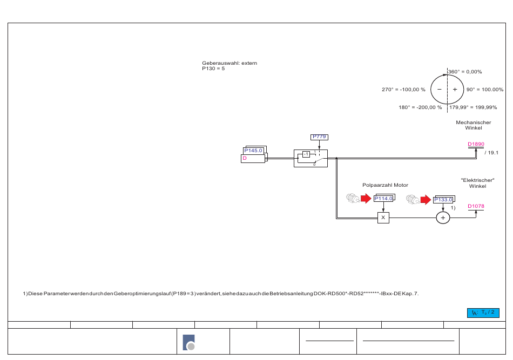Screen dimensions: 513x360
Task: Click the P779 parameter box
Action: pyautogui.click(x=319, y=137)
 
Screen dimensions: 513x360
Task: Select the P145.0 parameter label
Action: pyautogui.click(x=253, y=151)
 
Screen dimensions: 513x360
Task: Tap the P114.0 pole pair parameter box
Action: pyautogui.click(x=383, y=199)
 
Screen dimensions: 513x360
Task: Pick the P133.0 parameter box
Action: pyautogui.click(x=443, y=200)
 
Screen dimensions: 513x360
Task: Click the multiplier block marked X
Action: pyautogui.click(x=383, y=218)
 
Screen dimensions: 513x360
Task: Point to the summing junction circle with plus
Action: pyautogui.click(x=443, y=218)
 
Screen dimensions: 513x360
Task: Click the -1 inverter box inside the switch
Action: pyautogui.click(x=306, y=154)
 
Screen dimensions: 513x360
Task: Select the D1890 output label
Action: pyautogui.click(x=476, y=144)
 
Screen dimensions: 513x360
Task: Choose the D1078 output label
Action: pyautogui.click(x=476, y=206)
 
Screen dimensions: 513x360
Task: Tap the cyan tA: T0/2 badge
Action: pyautogui.click(x=483, y=313)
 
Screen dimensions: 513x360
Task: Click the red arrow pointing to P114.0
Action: pyautogui.click(x=366, y=199)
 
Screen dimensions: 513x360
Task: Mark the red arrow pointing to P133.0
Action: pyautogui.click(x=426, y=200)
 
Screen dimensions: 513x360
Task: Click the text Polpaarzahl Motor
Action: pyautogui.click(x=386, y=185)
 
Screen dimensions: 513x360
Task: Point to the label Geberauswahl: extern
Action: pyautogui.click(x=230, y=63)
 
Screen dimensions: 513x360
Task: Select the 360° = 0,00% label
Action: pyautogui.click(x=465, y=72)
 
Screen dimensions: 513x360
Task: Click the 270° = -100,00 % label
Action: pyautogui.click(x=403, y=90)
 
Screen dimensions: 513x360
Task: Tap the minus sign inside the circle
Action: pyautogui.click(x=440, y=89)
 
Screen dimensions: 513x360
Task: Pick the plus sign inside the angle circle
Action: pyautogui.click(x=455, y=89)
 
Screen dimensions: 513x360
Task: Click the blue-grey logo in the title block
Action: pyautogui.click(x=189, y=342)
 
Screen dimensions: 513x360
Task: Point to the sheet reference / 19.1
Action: pyautogui.click(x=491, y=153)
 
